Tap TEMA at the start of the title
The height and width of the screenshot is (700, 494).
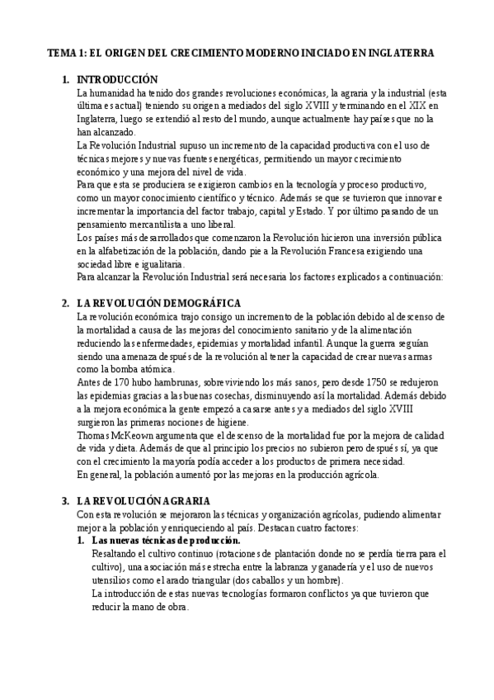point(59,52)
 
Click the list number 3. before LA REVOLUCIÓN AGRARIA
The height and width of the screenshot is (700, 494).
point(65,500)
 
